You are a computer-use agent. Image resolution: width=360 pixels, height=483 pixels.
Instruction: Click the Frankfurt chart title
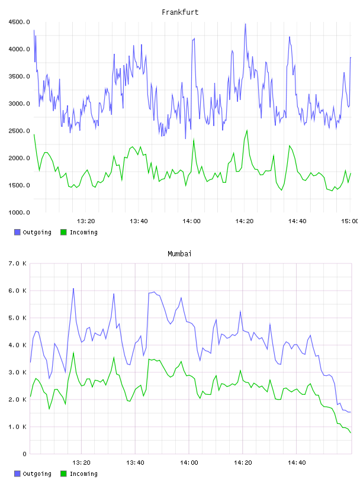(180, 12)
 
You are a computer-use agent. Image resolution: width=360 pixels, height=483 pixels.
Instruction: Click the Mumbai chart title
(179, 254)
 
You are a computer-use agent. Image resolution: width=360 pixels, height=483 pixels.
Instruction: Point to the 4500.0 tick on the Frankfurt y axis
(19, 22)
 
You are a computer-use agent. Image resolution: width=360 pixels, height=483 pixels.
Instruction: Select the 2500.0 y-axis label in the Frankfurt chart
(19, 131)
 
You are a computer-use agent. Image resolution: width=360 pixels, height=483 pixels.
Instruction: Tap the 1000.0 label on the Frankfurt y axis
(19, 212)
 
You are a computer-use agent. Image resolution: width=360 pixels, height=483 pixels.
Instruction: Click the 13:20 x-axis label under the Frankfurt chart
(86, 221)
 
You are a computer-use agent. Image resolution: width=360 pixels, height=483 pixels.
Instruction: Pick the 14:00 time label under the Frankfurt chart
(191, 221)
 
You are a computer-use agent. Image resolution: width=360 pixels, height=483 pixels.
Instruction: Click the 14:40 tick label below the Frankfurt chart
(297, 221)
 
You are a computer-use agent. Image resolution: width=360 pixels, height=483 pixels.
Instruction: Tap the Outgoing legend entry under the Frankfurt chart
(33, 232)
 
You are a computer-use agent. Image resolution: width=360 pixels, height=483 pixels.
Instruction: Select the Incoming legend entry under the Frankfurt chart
(79, 232)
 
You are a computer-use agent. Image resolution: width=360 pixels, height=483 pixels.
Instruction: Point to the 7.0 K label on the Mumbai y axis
(18, 263)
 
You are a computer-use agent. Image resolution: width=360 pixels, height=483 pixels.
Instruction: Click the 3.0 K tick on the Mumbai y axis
(18, 372)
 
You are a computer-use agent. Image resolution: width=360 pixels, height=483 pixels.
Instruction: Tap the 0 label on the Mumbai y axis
(25, 454)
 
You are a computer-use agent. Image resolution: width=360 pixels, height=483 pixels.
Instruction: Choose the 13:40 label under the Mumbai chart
(135, 463)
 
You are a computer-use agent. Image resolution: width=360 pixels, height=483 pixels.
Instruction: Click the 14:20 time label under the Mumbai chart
(243, 463)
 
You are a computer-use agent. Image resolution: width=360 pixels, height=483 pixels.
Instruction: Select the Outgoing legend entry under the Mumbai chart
(33, 474)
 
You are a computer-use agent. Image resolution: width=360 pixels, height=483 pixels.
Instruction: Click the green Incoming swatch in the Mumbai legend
(63, 474)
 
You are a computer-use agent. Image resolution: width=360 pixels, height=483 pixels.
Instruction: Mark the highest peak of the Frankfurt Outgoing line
(245, 24)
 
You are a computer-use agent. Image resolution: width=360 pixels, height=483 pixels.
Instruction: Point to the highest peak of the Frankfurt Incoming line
(247, 130)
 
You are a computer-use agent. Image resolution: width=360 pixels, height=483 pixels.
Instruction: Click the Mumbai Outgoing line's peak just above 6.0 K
(73, 289)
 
